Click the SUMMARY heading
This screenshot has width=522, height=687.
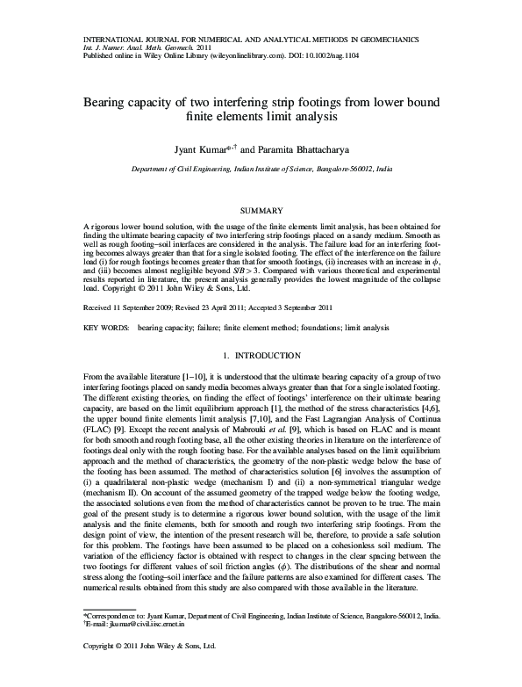tap(261, 210)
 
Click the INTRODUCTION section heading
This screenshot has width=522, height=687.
tap(268, 330)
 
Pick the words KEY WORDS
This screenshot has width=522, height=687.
tap(104, 302)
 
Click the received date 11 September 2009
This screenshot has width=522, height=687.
tap(134, 284)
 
